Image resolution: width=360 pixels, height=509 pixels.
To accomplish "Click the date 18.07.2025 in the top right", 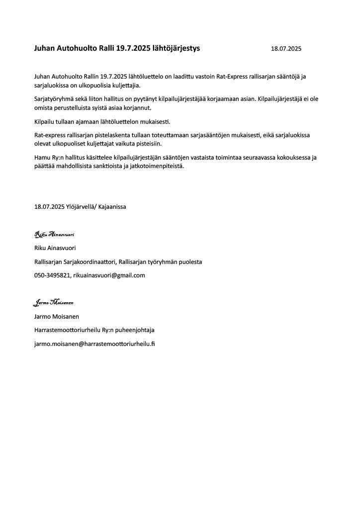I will [x=286, y=49].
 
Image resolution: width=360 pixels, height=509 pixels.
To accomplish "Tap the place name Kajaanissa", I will [x=114, y=207].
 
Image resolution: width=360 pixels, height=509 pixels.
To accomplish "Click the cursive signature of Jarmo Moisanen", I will [x=53, y=302].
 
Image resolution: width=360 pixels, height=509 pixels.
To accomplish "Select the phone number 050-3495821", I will [x=52, y=275].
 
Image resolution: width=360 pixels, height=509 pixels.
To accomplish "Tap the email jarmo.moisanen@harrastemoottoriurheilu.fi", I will [x=94, y=343].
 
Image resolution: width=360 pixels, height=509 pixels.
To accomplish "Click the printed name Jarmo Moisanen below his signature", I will [x=56, y=316].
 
